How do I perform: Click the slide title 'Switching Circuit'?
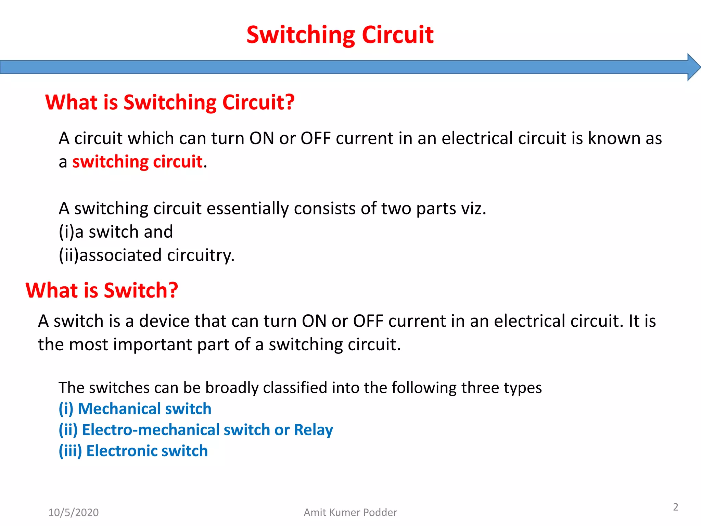point(340,35)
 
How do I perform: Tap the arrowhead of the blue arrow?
point(693,67)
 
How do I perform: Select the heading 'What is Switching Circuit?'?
point(170,102)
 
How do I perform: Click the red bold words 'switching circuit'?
point(137,162)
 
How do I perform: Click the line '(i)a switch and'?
point(116,232)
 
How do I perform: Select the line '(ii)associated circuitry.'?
point(146,255)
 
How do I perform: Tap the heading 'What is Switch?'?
point(102,290)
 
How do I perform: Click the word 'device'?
point(164,321)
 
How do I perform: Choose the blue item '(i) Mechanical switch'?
point(135,409)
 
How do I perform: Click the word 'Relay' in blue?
point(313,430)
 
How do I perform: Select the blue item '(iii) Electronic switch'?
point(133,451)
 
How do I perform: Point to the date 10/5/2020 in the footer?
point(73,513)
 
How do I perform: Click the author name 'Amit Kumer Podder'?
point(350,513)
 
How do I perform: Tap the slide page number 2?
point(675,507)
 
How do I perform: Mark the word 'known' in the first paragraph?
point(614,138)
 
